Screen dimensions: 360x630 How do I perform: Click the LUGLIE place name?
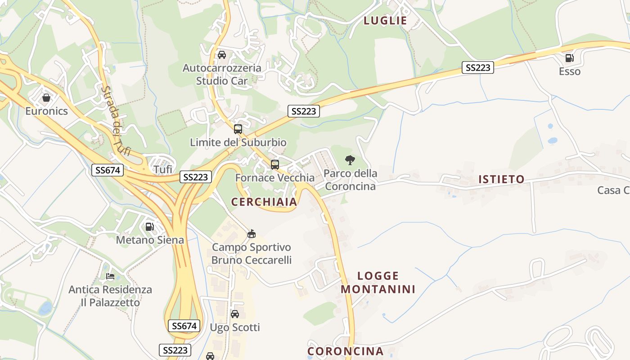click(x=385, y=20)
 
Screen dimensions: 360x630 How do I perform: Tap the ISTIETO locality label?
click(x=501, y=179)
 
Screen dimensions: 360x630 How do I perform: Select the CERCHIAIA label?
click(x=264, y=202)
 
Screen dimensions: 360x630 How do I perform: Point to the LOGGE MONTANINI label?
click(x=378, y=282)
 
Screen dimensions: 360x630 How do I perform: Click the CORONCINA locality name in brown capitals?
click(x=345, y=351)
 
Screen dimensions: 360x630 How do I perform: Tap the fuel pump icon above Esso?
click(x=569, y=58)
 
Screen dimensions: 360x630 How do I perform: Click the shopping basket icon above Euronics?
click(x=46, y=97)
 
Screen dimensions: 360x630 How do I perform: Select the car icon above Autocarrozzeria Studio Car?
click(x=221, y=55)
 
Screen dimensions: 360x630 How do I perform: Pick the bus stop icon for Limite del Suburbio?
click(x=238, y=129)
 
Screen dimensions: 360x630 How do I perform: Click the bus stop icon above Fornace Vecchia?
click(x=275, y=164)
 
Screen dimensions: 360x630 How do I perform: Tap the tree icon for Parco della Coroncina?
click(x=350, y=160)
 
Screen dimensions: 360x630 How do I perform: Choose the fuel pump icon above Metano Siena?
click(x=150, y=226)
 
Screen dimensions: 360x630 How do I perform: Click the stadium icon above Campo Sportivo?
click(x=252, y=234)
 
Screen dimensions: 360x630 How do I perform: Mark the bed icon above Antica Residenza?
click(x=110, y=276)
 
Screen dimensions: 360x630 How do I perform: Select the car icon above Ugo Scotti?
click(x=235, y=314)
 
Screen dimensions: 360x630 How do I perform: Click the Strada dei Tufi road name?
click(x=115, y=121)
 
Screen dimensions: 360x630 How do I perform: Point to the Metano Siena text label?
click(x=150, y=240)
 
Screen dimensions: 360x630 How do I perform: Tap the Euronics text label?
click(x=46, y=111)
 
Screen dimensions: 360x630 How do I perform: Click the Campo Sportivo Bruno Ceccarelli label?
click(x=252, y=253)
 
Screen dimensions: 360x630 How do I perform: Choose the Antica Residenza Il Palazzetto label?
click(x=110, y=296)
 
